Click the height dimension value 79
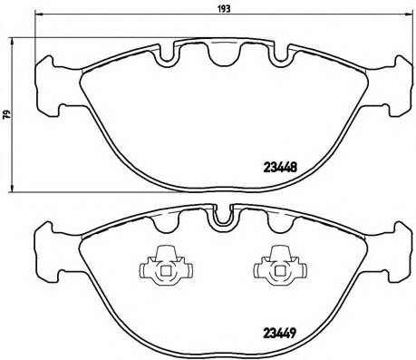click(x=7, y=114)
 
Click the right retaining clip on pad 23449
click(x=273, y=265)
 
